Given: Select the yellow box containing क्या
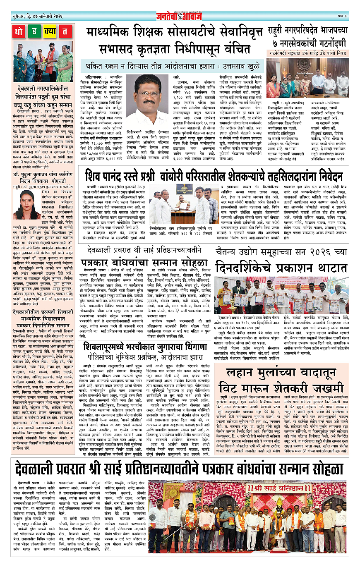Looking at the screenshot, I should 50,31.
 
